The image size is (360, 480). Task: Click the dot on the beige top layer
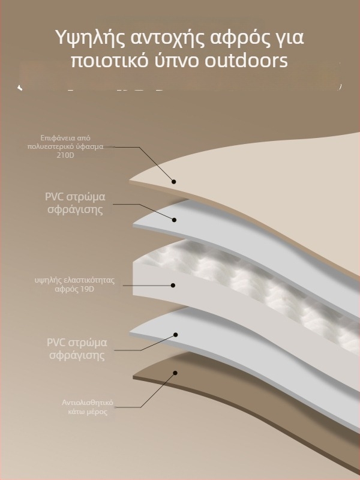pyautogui.click(x=174, y=181)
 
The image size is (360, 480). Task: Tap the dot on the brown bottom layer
pyautogui.click(x=175, y=373)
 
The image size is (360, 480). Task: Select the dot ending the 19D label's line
pyautogui.click(x=173, y=286)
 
